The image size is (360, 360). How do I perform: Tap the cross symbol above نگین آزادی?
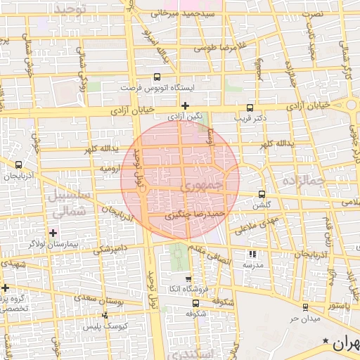click(185, 105)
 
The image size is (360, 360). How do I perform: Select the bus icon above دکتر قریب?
click(250, 108)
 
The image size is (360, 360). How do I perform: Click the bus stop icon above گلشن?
click(262, 194)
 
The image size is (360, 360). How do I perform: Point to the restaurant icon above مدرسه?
click(252, 255)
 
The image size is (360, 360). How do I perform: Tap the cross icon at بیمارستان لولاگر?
click(53, 232)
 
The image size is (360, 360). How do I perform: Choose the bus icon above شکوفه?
click(195, 303)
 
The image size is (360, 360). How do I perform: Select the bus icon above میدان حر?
click(304, 307)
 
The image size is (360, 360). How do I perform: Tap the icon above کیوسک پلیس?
click(105, 316)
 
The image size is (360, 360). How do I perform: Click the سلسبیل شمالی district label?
click(69, 202)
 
